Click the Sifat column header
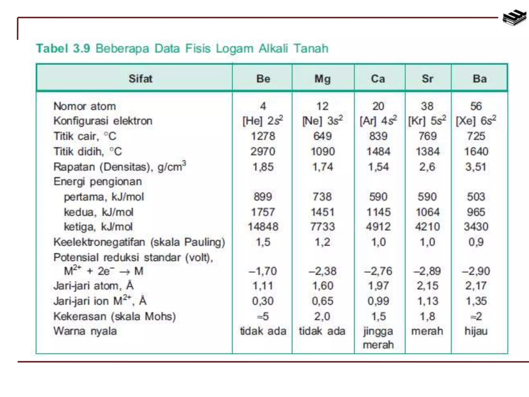[141, 79]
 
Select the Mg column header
[323, 79]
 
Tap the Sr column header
[427, 79]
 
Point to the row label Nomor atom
[85, 106]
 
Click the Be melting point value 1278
[263, 136]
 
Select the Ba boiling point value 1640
[476, 151]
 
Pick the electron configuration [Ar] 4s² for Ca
[378, 121]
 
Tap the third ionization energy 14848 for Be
[263, 227]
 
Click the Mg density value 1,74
[323, 167]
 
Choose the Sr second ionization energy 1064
[427, 212]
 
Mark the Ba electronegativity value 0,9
[476, 242]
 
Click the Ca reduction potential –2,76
[378, 271]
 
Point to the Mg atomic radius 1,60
[323, 286]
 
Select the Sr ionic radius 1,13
[427, 301]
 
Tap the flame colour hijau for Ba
[476, 331]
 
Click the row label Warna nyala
[85, 331]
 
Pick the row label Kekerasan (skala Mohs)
[114, 316]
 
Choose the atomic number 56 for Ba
[476, 106]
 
